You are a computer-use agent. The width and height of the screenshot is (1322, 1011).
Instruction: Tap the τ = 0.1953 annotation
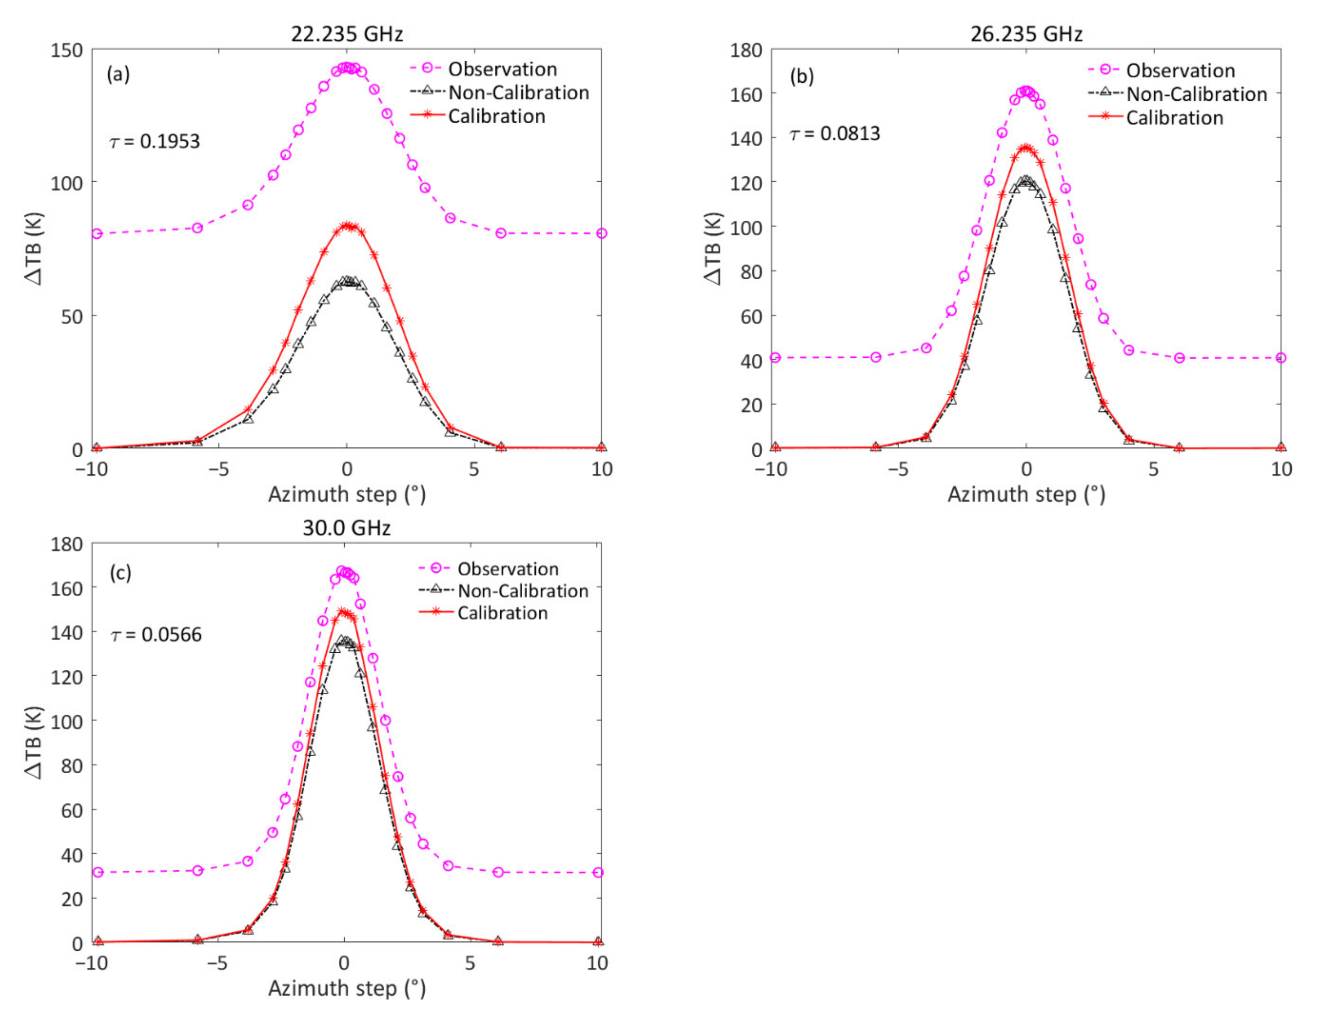(x=154, y=142)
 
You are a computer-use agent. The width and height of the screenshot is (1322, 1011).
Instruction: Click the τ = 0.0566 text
(x=157, y=635)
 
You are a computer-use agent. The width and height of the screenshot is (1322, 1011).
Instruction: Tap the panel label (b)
(x=801, y=76)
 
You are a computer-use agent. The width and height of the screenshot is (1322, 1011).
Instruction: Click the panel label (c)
(x=120, y=573)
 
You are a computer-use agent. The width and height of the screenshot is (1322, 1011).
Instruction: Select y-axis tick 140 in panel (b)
(x=746, y=138)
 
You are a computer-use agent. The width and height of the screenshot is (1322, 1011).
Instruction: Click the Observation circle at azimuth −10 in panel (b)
(x=775, y=357)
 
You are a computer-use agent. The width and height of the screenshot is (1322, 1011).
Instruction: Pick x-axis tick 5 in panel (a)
(x=474, y=469)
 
